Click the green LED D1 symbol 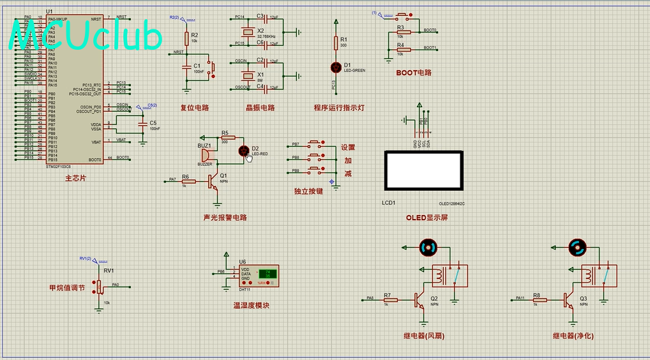coord(336,66)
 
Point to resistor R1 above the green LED coord(336,42)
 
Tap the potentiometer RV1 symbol coord(100,285)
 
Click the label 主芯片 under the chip coord(75,179)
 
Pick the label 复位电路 coord(195,108)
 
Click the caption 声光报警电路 coord(225,218)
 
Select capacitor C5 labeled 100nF coord(142,123)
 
